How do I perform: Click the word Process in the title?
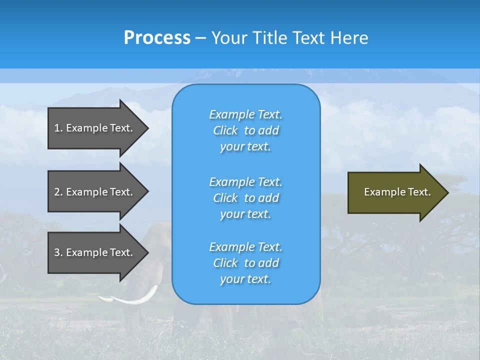click(x=157, y=38)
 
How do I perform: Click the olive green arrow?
click(x=395, y=192)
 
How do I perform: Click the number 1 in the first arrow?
click(x=57, y=128)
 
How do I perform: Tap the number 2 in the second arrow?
click(x=57, y=192)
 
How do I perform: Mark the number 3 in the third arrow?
click(x=57, y=252)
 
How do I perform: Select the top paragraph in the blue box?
click(x=245, y=130)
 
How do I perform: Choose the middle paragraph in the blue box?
click(x=245, y=198)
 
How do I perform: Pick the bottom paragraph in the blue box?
click(x=245, y=263)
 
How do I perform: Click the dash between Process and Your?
click(x=200, y=38)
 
